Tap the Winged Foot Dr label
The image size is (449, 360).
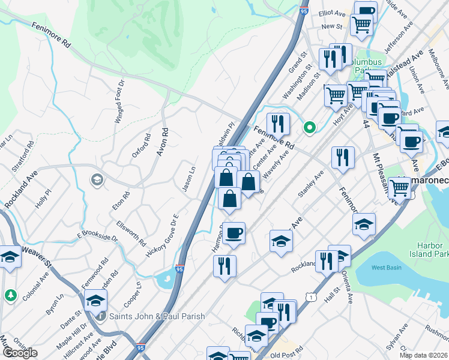point(119,102)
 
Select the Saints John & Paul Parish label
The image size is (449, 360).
point(157,316)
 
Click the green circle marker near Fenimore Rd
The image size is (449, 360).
point(310,127)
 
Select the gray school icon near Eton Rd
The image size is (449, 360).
point(96,179)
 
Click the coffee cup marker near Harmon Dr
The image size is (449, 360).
point(234,232)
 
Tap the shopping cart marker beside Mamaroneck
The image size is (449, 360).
point(400,187)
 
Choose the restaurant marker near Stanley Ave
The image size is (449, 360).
point(343,157)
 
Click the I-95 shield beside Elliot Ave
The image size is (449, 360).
point(304,10)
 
